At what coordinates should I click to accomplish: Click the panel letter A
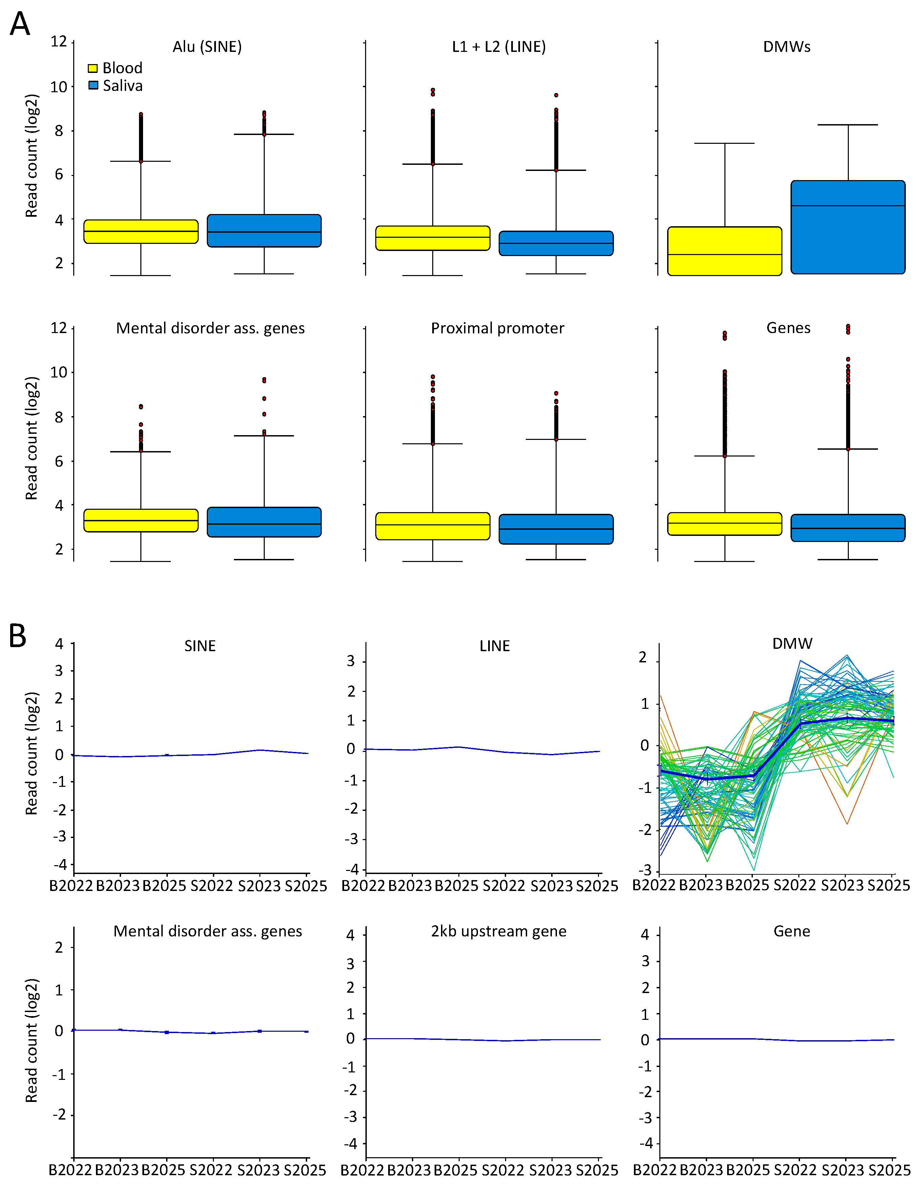coord(20,24)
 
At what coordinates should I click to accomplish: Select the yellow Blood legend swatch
coord(93,68)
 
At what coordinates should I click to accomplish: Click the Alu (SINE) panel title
coord(207,46)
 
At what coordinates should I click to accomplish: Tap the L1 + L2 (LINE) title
coord(499,46)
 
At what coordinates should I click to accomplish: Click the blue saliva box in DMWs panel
coord(847,227)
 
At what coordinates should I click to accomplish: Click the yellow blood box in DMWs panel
coord(724,251)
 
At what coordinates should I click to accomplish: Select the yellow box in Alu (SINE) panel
coord(141,232)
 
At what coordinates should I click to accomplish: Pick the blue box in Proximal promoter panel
coord(556,529)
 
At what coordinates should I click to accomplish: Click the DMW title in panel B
coord(792,643)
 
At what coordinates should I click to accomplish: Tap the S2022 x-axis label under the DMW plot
coord(794,885)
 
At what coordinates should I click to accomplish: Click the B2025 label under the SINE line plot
coord(164,886)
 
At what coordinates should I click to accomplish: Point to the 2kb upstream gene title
coord(499,931)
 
